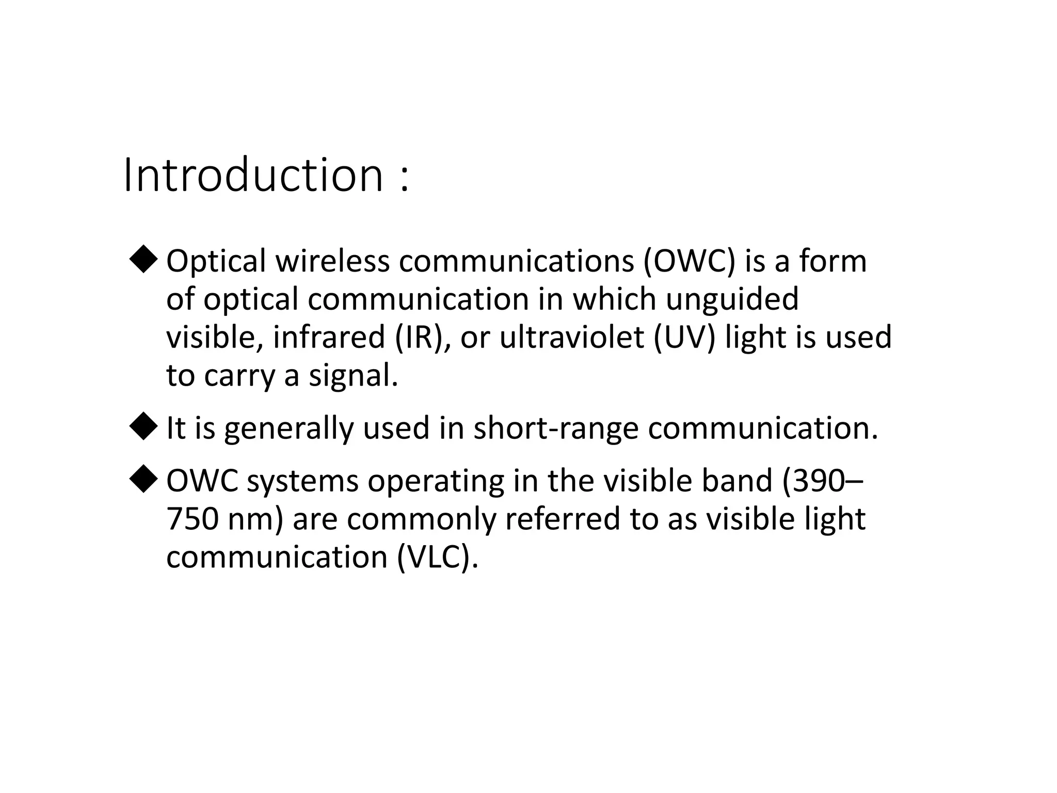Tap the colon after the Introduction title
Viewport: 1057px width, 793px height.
pos(404,179)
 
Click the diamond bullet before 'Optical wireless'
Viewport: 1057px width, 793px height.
pos(143,259)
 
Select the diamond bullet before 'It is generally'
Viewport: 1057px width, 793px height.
pos(143,427)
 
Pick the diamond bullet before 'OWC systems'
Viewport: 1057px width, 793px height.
pos(143,480)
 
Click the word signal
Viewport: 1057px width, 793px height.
pos(354,376)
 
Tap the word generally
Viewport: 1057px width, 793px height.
pos(289,429)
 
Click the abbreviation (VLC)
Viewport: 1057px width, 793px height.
pos(438,558)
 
